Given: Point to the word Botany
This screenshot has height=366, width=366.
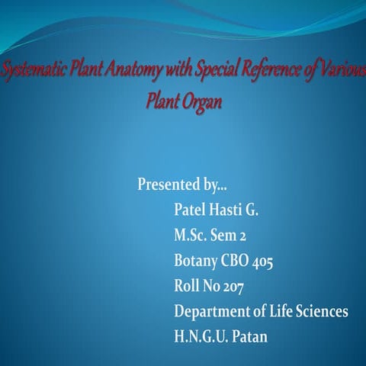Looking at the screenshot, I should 197,262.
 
